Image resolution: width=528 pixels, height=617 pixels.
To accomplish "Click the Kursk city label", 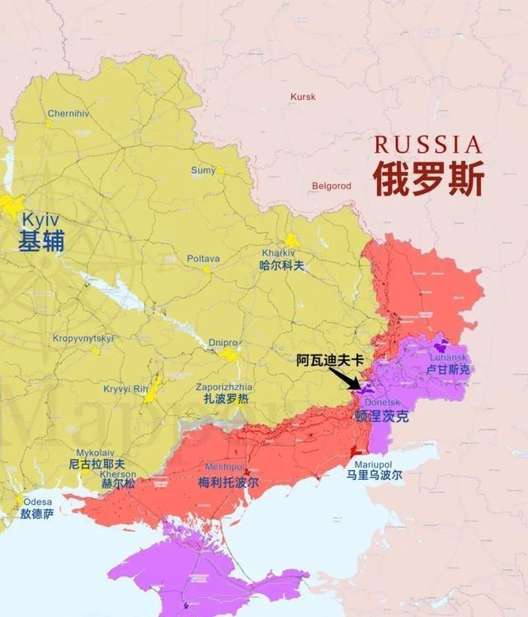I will tap(303, 97).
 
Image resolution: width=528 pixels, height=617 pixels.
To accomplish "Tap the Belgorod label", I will tap(331, 186).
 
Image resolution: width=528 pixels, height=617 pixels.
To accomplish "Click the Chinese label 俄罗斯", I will tap(427, 179).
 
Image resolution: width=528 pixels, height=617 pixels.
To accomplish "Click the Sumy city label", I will tap(203, 170).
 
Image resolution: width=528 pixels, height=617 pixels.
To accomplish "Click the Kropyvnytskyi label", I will tap(83, 338).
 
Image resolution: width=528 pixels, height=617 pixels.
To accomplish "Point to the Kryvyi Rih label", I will tap(125, 389).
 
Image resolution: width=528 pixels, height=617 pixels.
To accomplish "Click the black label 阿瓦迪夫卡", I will tap(329, 361).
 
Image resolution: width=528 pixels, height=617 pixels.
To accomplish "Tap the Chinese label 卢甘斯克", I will tap(448, 369).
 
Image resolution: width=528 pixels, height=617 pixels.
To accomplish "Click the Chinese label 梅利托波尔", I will tap(229, 482).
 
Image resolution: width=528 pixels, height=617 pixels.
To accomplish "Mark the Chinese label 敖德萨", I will tap(38, 514).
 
